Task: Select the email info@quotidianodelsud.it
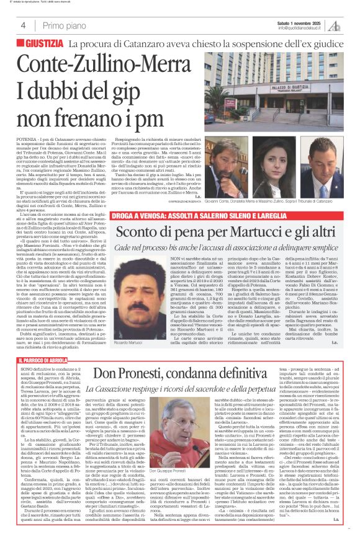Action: point(302,29)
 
